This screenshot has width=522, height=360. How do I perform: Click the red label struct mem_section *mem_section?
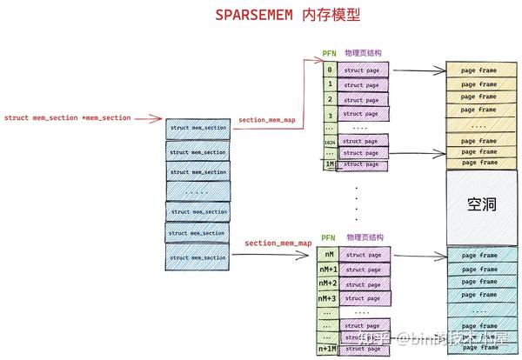[67, 117]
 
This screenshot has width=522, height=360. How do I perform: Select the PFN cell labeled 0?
[330, 70]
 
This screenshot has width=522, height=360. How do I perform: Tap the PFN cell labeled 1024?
[329, 140]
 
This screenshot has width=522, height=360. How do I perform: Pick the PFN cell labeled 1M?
[329, 163]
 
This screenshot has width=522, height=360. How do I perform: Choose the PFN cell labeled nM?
[328, 254]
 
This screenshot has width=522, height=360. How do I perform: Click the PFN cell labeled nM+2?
[327, 283]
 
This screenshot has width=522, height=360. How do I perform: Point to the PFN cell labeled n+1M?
[327, 348]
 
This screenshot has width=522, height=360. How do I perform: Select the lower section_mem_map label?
[278, 243]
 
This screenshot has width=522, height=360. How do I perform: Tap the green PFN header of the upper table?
[330, 53]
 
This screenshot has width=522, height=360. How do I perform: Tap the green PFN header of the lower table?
[328, 237]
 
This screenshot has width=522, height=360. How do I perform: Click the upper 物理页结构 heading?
[363, 53]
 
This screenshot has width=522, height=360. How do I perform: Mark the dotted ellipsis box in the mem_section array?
[197, 191]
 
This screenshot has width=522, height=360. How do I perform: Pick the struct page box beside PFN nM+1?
[365, 270]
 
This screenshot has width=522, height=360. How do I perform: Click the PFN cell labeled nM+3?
[327, 299]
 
